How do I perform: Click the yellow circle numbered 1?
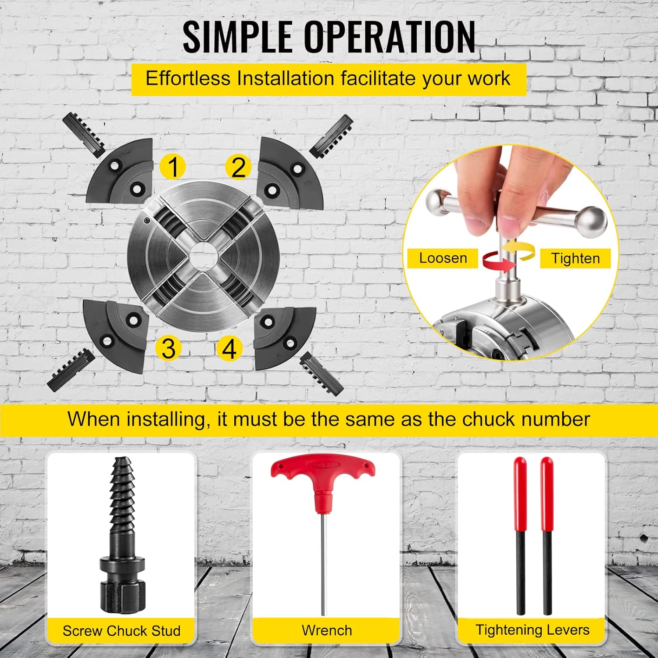tap(173, 167)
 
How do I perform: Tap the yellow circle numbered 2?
tap(238, 167)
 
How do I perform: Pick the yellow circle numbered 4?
tap(229, 349)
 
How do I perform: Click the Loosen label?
tap(443, 258)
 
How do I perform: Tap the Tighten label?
tap(575, 258)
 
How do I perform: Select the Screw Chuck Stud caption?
tap(122, 631)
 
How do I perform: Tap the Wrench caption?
tap(327, 630)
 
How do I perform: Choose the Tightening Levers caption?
tap(533, 630)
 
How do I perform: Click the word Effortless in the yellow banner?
tap(188, 79)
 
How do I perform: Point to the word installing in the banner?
tap(167, 420)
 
